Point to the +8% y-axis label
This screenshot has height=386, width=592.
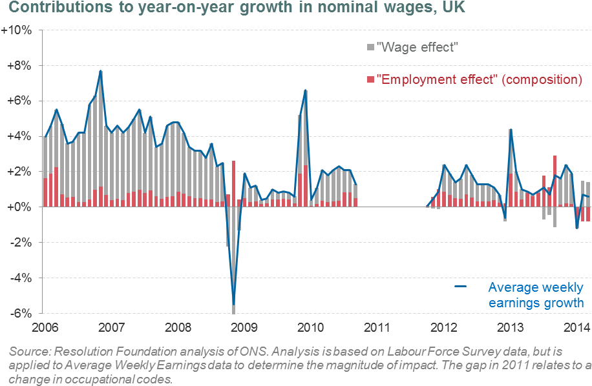point(19,66)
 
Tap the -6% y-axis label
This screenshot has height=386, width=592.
point(20,313)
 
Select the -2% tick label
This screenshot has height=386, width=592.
point(20,243)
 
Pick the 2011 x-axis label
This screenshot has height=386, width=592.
point(377,327)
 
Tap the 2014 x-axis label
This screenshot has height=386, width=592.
point(577,327)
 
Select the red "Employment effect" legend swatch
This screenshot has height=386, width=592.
point(370,79)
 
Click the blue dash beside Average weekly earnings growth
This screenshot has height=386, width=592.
point(461,287)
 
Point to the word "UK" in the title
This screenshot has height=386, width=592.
point(449,10)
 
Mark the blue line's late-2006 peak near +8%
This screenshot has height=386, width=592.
point(101,70)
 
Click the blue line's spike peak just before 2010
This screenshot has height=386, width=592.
point(305,90)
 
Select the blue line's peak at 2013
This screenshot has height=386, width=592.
point(510,130)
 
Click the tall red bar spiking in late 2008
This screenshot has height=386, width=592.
point(233,178)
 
